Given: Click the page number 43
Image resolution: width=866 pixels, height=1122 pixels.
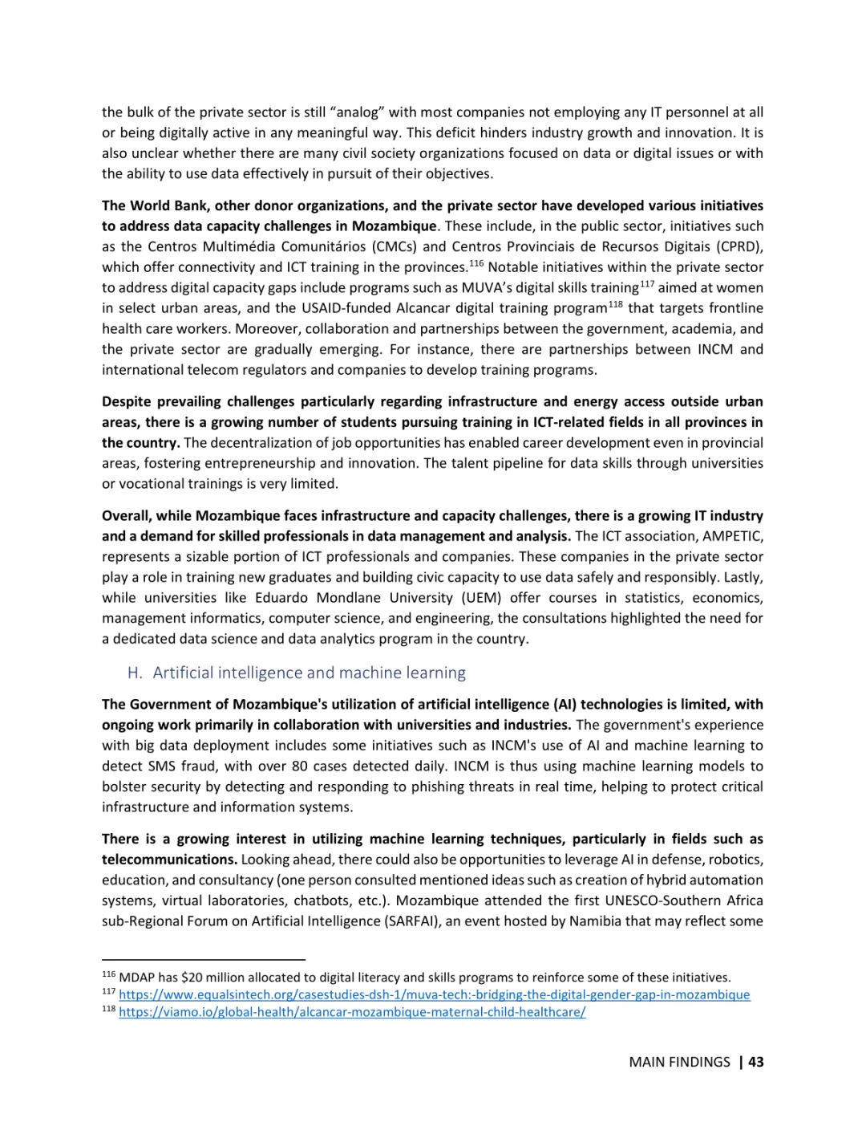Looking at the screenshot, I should [x=755, y=1062].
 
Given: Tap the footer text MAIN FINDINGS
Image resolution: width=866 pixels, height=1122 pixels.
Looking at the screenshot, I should [x=679, y=1062].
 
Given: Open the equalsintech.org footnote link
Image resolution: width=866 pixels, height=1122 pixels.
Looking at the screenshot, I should [x=434, y=995].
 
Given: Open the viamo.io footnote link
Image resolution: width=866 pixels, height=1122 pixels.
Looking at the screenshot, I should [x=352, y=1012].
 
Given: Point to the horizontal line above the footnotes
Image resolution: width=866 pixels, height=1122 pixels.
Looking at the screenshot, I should [x=204, y=959].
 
